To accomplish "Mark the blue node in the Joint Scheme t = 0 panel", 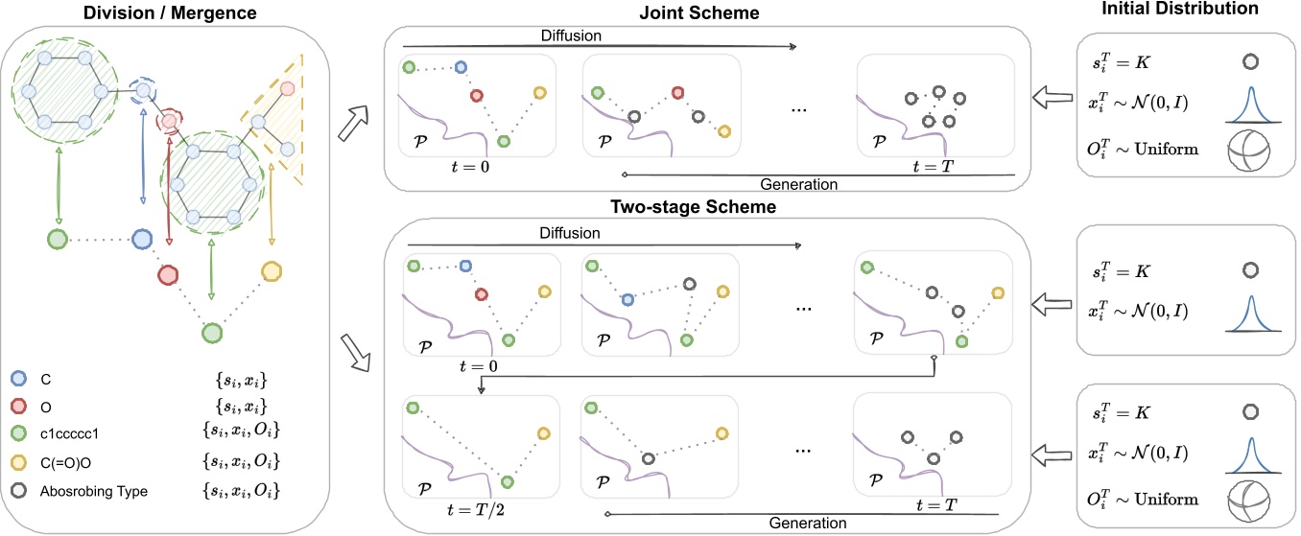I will point(461,67).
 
